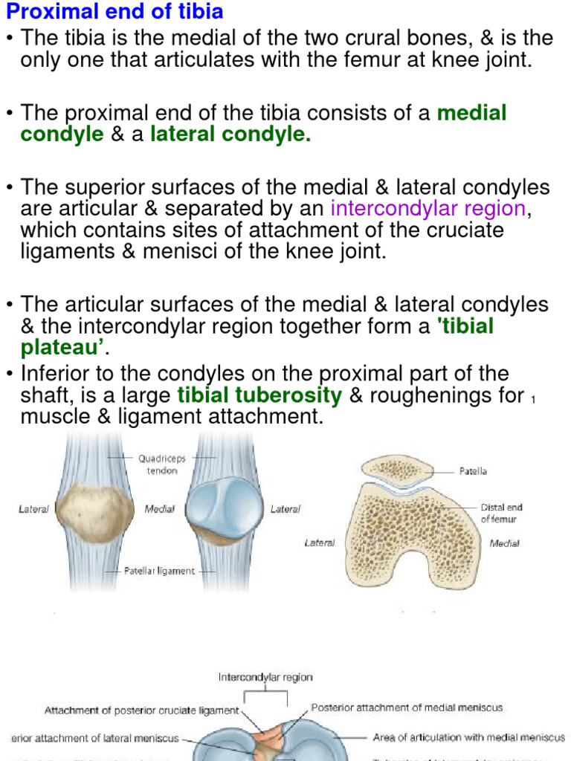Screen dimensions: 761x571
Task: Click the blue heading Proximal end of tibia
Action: (x=115, y=12)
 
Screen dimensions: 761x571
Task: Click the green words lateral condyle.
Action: (x=230, y=135)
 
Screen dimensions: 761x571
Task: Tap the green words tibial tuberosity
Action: (x=259, y=395)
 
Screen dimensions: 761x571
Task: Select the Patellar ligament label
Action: (x=159, y=571)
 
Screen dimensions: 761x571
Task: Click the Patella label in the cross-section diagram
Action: (x=473, y=471)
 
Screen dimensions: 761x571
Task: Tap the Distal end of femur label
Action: (x=502, y=513)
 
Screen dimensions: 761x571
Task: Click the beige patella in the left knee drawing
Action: (x=94, y=514)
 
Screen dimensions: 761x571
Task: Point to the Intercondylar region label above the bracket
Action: (x=265, y=677)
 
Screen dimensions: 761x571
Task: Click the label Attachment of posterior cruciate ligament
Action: (x=141, y=710)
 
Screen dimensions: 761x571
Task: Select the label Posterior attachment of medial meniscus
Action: (x=406, y=707)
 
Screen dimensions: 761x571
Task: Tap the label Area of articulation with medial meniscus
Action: (x=468, y=738)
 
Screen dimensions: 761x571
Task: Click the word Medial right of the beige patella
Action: (x=159, y=509)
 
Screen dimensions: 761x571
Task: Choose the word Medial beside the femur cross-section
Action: (x=504, y=543)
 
